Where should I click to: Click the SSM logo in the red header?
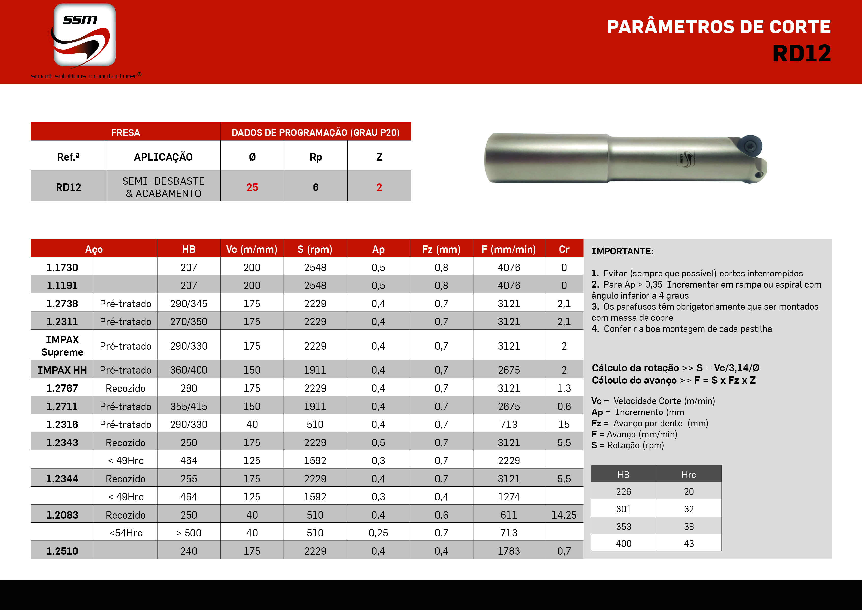[85, 36]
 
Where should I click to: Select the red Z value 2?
[379, 187]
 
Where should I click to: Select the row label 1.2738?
[62, 304]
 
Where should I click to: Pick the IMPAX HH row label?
[62, 370]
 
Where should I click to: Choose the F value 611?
[509, 515]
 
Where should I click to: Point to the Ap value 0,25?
[378, 533]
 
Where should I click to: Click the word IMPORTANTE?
[622, 251]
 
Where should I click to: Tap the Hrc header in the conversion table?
[689, 475]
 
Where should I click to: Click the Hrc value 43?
[689, 544]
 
